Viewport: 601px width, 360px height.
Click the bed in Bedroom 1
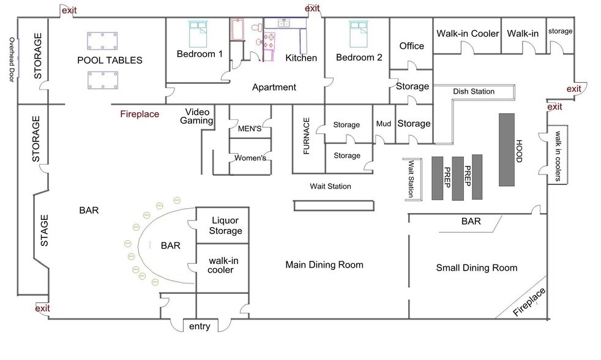(x=198, y=34)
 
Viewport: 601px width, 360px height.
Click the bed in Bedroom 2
(x=359, y=34)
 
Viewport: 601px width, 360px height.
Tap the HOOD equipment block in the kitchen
(x=507, y=149)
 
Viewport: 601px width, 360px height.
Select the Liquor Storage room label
(x=225, y=225)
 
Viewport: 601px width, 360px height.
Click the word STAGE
(x=45, y=230)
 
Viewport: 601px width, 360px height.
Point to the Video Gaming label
(x=197, y=116)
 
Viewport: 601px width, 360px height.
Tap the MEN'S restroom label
(x=250, y=129)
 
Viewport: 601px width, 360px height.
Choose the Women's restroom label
(x=250, y=157)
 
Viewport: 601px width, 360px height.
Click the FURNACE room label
(x=306, y=136)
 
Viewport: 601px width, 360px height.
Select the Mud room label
(x=383, y=124)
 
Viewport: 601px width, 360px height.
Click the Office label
(x=412, y=46)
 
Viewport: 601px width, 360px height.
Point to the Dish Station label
(x=474, y=91)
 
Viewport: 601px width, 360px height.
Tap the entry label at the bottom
(x=200, y=326)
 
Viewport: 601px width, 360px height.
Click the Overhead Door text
(x=12, y=59)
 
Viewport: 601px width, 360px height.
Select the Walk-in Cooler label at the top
(x=468, y=34)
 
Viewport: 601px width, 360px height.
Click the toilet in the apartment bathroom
(x=256, y=28)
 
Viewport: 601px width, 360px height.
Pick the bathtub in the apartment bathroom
(x=237, y=29)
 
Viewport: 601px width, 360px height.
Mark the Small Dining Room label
(x=477, y=268)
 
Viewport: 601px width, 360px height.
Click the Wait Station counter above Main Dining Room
(x=334, y=206)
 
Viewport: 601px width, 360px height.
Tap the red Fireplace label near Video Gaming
(x=140, y=114)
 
